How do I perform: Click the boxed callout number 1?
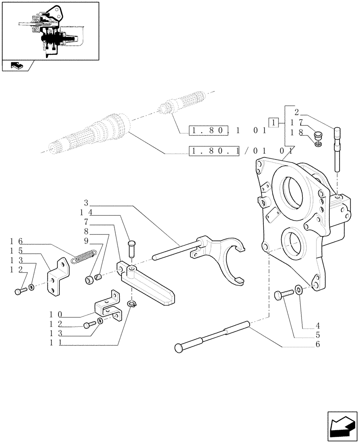click(274, 122)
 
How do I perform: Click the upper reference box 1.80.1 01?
click(227, 131)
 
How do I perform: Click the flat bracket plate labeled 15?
click(58, 277)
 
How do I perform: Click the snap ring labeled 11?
click(132, 303)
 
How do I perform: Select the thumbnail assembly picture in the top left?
click(50, 31)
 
